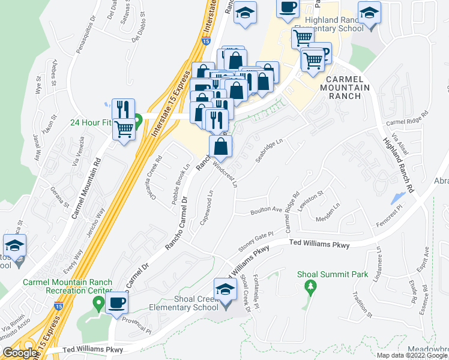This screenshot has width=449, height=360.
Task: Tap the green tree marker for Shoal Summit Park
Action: pyautogui.click(x=310, y=287)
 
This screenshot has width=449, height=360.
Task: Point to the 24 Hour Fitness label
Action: pyautogui.click(x=91, y=122)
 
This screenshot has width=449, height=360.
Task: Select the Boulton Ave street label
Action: pyautogui.click(x=267, y=210)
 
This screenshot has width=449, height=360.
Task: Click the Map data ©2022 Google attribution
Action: pyautogui.click(x=412, y=355)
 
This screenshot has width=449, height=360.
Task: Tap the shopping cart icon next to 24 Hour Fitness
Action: pyautogui.click(x=124, y=128)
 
